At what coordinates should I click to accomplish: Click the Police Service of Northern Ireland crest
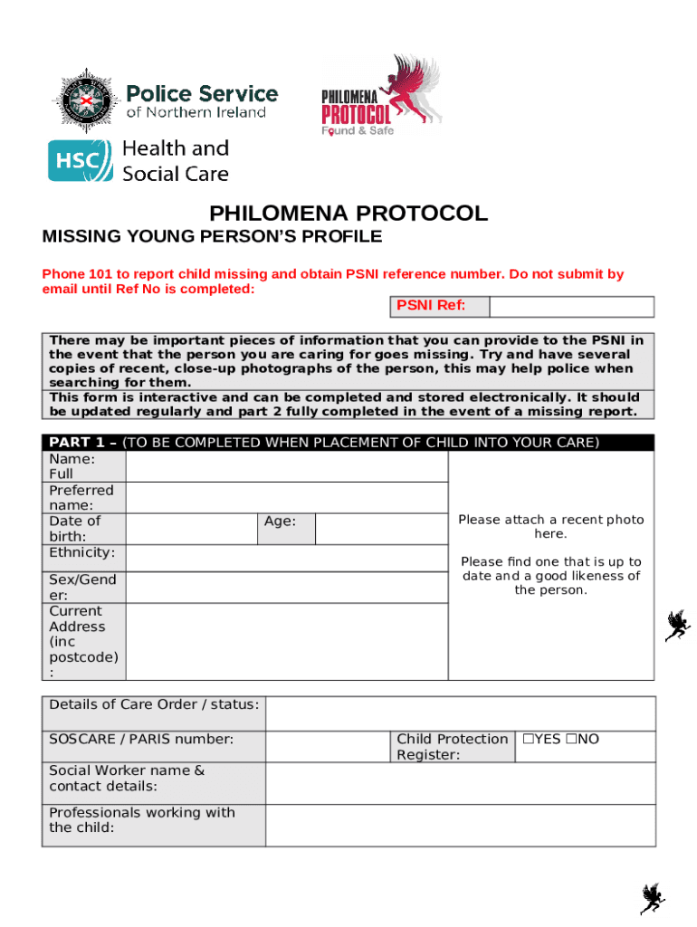coord(85,99)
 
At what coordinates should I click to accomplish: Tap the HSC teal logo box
coord(81,160)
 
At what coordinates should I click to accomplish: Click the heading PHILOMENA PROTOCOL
coord(348,214)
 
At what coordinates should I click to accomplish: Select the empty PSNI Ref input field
coord(571,307)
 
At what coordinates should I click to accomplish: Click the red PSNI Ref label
coord(431,306)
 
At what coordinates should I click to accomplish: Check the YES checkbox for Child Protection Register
coord(527,740)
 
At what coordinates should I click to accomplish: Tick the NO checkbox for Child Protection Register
coord(571,740)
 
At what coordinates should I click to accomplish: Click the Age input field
coord(381,529)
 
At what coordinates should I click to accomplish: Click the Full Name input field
coord(286,466)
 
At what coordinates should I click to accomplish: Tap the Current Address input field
coord(286,642)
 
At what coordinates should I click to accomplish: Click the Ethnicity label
coord(82,552)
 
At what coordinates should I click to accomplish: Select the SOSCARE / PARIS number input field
coord(328,747)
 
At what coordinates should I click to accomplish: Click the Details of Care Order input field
coord(460,713)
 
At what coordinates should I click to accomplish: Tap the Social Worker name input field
coord(460,783)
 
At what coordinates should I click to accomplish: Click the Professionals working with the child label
coord(141,820)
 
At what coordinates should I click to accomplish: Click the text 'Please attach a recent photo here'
coord(550,527)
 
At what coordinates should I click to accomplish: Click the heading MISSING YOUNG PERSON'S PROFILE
coord(213,237)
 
